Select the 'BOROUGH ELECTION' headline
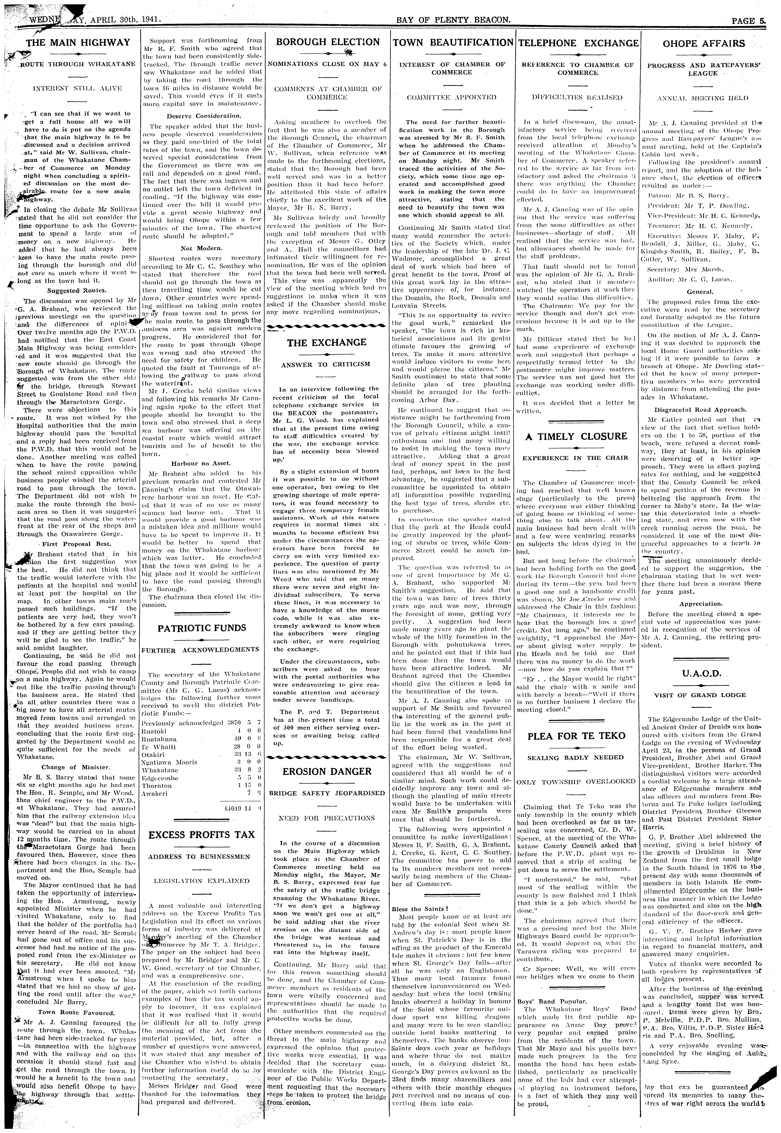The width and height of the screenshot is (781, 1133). pyautogui.click(x=328, y=42)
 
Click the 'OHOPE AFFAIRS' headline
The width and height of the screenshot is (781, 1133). pyautogui.click(x=703, y=43)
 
